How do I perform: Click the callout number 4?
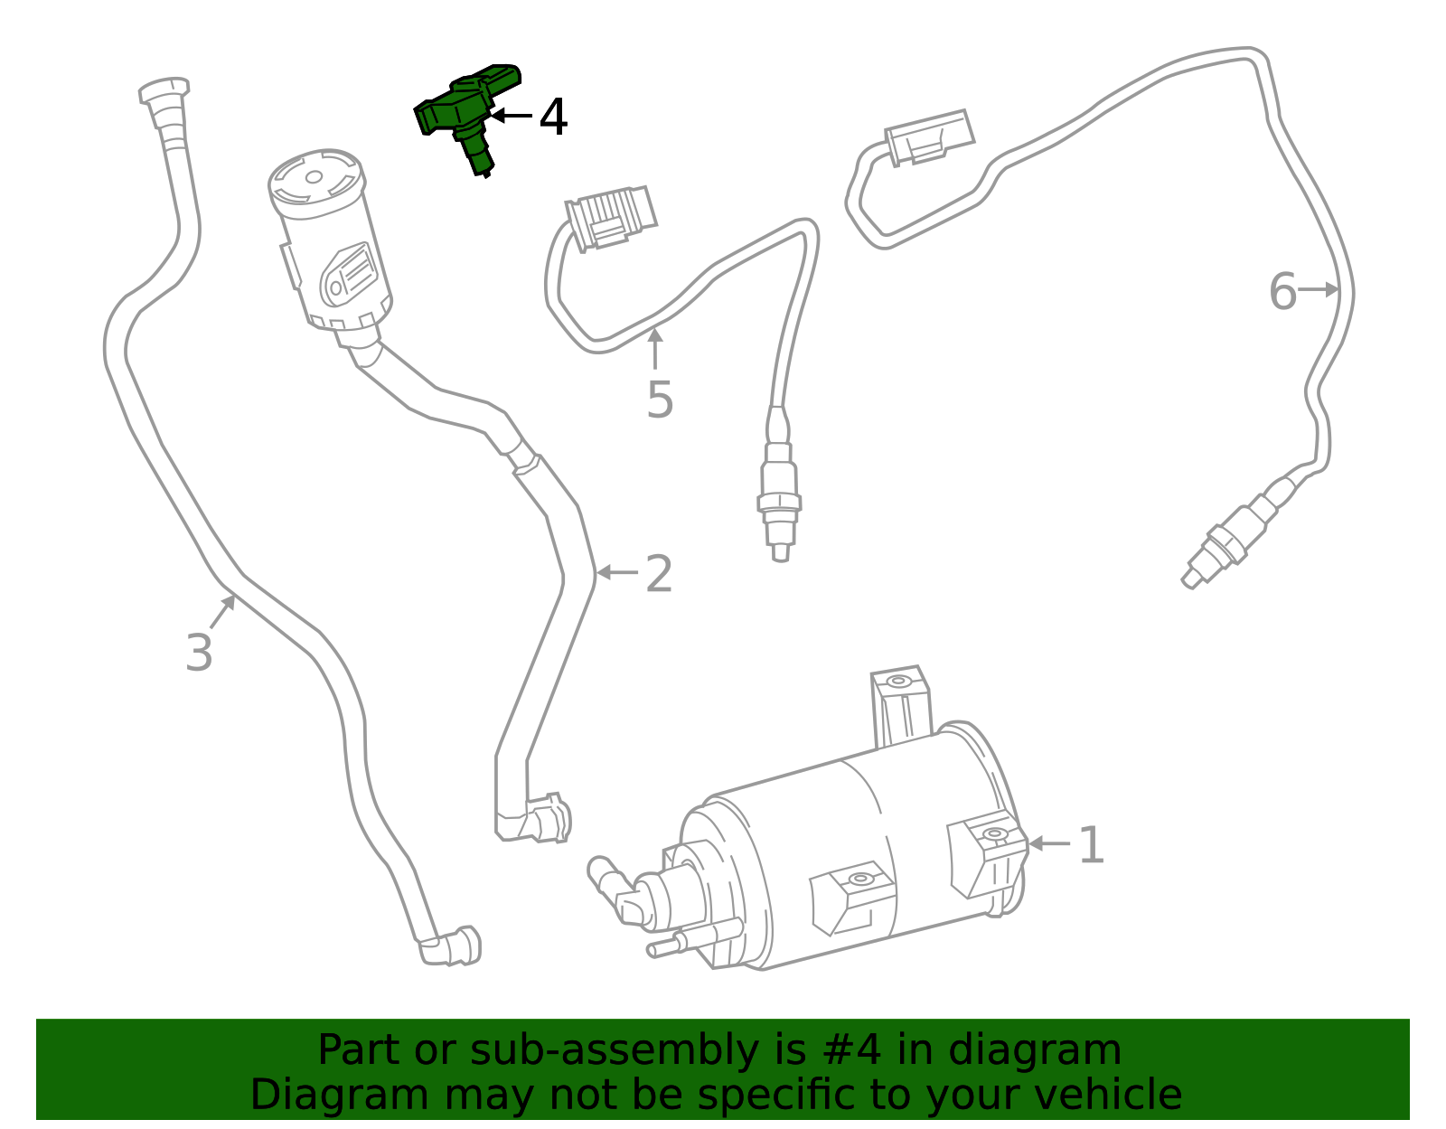click(553, 118)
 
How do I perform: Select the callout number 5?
click(660, 400)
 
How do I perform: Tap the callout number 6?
click(1282, 292)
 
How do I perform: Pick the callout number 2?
click(659, 575)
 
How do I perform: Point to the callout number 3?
click(199, 653)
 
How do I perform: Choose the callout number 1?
click(1092, 846)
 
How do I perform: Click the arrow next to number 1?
click(1048, 843)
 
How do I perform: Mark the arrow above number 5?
click(655, 348)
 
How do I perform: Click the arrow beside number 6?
click(1319, 289)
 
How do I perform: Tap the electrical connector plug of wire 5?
click(611, 217)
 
